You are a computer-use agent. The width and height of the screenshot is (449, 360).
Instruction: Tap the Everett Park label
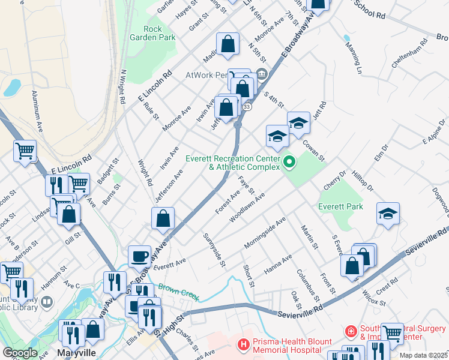[x=340, y=206]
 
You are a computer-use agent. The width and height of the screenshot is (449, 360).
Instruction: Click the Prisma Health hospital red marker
[x=243, y=344]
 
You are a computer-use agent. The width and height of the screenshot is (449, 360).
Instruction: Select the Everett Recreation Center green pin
[x=289, y=161]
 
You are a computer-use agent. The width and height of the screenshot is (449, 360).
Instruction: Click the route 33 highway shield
[x=247, y=107]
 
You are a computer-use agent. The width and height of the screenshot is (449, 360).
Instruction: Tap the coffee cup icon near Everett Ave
[x=139, y=257]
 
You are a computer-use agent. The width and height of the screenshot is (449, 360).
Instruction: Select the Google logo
[x=20, y=353]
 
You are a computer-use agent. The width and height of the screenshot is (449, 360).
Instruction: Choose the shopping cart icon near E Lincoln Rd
[x=25, y=151]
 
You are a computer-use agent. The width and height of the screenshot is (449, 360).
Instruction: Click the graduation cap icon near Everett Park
[x=388, y=214]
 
